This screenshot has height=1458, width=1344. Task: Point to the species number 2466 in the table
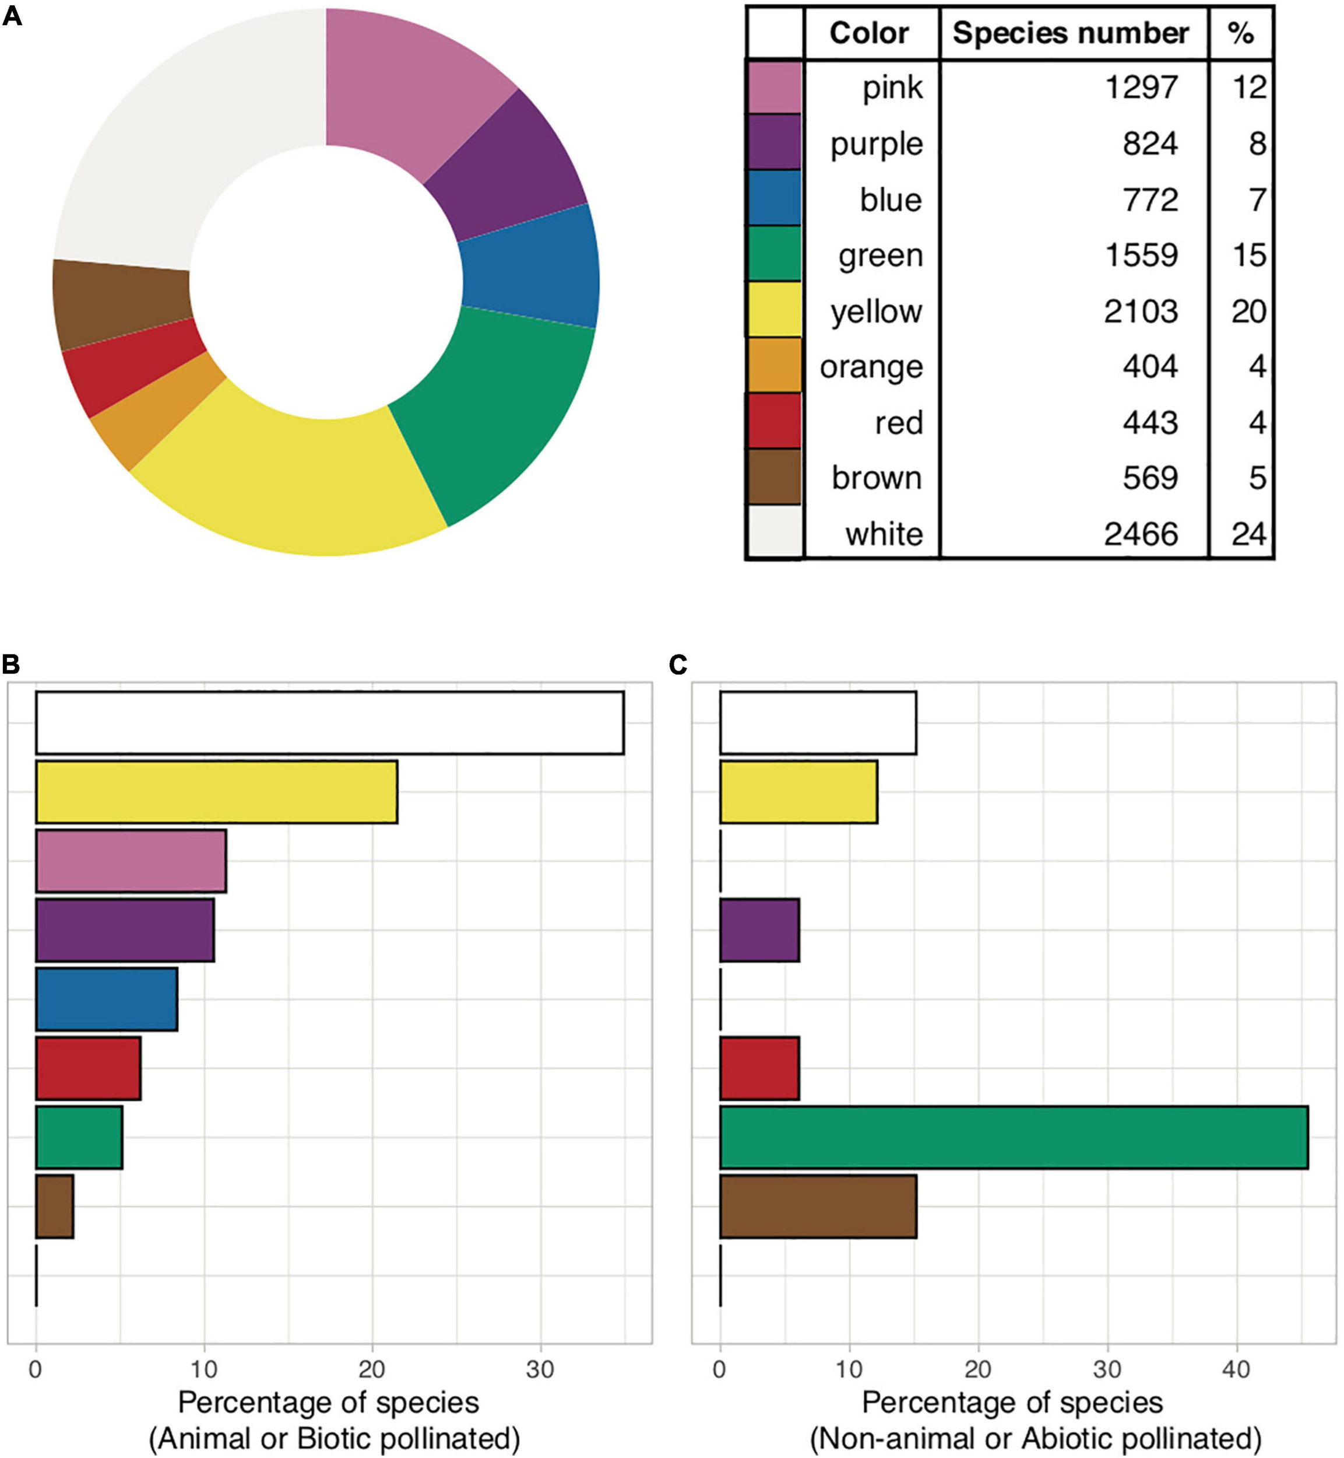pos(1141,535)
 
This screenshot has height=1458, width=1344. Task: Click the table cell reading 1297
pos(1141,88)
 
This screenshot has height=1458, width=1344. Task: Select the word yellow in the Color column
pos(877,311)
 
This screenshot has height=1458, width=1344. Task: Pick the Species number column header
pos(1071,33)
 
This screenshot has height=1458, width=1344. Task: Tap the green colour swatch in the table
pos(775,254)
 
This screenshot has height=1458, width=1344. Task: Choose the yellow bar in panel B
pos(216,793)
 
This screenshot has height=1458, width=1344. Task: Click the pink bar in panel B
pos(131,861)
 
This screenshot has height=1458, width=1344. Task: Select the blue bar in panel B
pos(106,1000)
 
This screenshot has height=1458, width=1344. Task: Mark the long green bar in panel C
pos(1013,1138)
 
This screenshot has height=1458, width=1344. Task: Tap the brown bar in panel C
pos(818,1206)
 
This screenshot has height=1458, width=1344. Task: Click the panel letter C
pos(678,665)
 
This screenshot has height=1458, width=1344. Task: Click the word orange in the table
pos(871,367)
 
